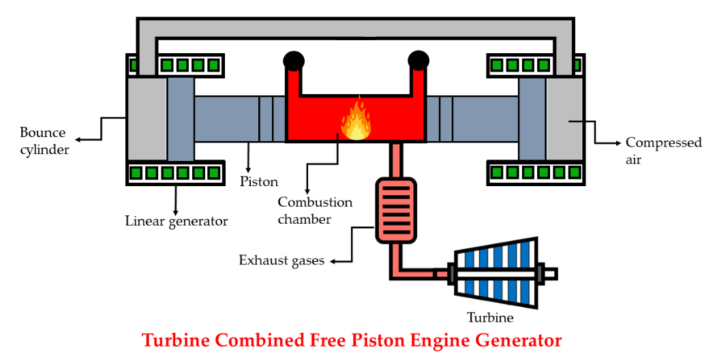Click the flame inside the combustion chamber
coord(356,121)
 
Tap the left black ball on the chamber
coord(293,61)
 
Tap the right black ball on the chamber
coord(418,61)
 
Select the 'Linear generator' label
coord(176,221)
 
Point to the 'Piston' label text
coord(259,182)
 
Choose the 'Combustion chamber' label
coord(315,211)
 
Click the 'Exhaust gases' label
coord(281,260)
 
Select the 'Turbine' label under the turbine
coord(489,317)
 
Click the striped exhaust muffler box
coord(395,209)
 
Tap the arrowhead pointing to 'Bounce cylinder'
coord(78,139)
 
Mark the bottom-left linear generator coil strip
coord(175,173)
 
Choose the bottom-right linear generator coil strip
coord(536,173)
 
